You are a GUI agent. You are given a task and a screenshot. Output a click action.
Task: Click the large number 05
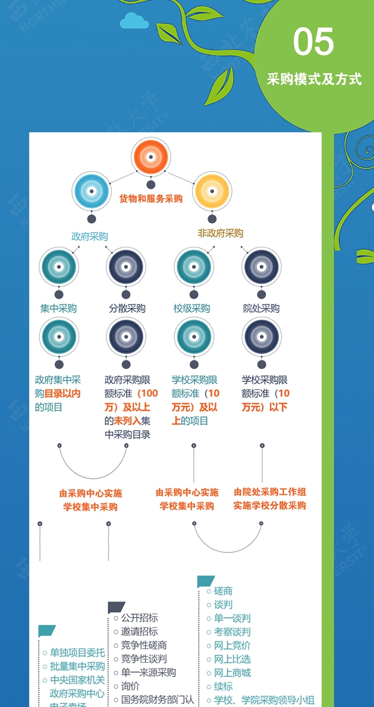(x=314, y=43)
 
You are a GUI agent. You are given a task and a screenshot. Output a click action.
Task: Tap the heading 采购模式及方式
(x=314, y=80)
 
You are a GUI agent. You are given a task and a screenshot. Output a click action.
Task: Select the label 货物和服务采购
(x=151, y=199)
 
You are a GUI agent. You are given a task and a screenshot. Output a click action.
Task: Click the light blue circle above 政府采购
(x=91, y=191)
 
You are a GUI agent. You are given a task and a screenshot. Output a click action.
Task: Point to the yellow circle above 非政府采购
(x=213, y=191)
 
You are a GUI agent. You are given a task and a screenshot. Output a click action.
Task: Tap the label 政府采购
(x=90, y=236)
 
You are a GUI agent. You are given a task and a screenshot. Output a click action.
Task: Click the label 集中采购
(x=59, y=308)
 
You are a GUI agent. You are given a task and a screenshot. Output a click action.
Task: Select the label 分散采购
(x=127, y=308)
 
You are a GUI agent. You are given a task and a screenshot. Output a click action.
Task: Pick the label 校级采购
(x=192, y=308)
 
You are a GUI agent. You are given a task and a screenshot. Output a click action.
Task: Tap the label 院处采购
(x=261, y=308)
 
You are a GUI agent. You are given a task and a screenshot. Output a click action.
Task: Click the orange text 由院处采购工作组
(x=270, y=492)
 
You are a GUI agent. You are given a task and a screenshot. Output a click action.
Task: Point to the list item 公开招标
(x=139, y=618)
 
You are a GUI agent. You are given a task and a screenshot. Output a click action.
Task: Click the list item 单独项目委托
(x=77, y=653)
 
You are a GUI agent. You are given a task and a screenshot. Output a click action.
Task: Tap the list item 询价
(x=130, y=686)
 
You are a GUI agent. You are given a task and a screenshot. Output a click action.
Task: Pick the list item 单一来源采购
(x=148, y=673)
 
